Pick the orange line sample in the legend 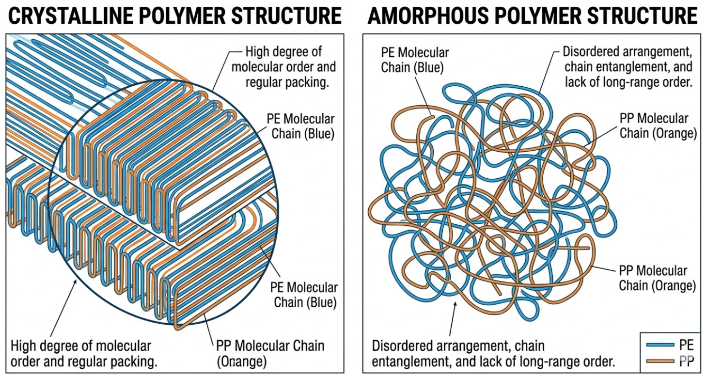658,361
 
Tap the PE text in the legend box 686,346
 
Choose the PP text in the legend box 686,361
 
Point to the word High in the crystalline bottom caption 23,346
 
